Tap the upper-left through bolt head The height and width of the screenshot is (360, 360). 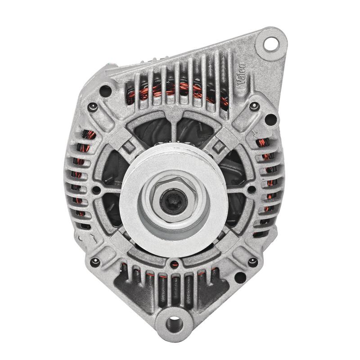pos(92,106)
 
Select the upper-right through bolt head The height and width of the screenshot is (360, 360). pos(254,106)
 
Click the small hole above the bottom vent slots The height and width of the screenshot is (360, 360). pos(179,262)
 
